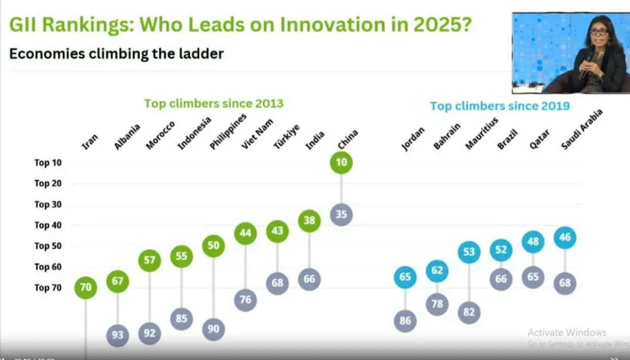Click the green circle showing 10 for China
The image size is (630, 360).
341,163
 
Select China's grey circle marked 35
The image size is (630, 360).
341,214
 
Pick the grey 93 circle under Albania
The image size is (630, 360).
118,335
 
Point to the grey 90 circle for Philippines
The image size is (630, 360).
214,328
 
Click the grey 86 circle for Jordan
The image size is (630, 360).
405,321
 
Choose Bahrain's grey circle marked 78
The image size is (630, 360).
437,303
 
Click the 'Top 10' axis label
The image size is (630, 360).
48,163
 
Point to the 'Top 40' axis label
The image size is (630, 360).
48,225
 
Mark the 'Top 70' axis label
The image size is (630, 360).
48,287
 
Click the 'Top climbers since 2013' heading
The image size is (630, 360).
214,103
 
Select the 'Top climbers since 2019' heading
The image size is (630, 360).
500,105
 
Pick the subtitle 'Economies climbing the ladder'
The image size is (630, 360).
117,54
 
